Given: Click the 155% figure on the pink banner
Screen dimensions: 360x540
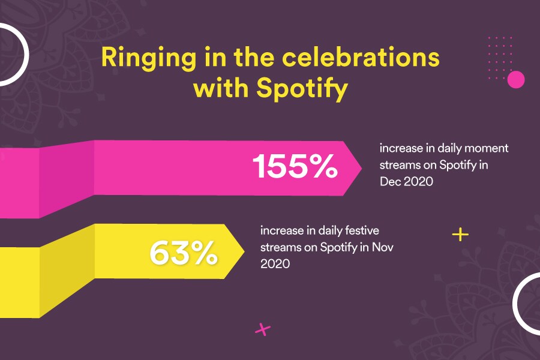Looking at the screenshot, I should click(x=295, y=167).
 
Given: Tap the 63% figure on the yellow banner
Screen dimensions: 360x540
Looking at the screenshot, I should click(x=183, y=253).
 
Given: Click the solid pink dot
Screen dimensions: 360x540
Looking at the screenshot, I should click(x=516, y=79).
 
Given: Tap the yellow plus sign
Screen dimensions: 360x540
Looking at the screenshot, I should click(x=460, y=234).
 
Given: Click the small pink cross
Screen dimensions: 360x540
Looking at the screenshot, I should click(x=263, y=329).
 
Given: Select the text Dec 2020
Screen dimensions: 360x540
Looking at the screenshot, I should click(x=406, y=181).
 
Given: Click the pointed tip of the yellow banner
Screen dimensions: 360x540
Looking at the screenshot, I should click(x=242, y=251).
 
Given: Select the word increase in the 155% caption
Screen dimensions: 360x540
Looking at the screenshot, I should click(x=399, y=148).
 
